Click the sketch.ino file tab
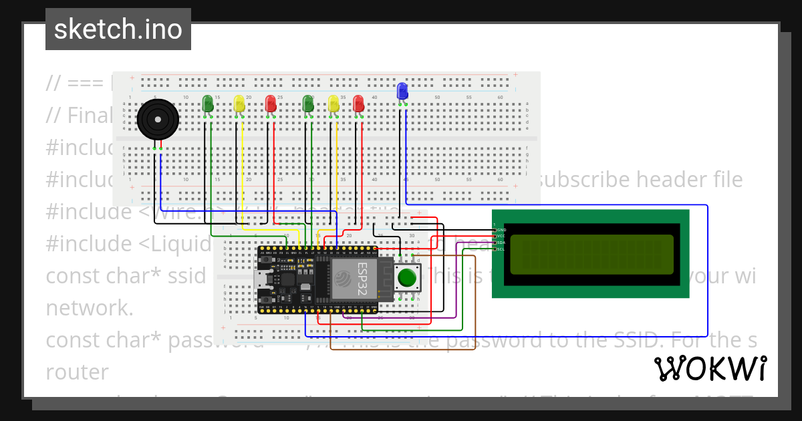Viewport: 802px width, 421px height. [x=118, y=29]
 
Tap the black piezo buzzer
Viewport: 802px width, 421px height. [x=158, y=120]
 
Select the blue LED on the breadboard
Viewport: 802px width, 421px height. [x=402, y=91]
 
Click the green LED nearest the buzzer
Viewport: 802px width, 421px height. [x=207, y=104]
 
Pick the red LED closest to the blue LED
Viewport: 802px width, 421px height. [x=358, y=104]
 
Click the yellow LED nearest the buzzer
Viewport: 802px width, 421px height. [x=239, y=104]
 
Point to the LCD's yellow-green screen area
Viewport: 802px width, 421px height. [x=591, y=254]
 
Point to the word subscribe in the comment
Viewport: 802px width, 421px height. [x=583, y=180]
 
